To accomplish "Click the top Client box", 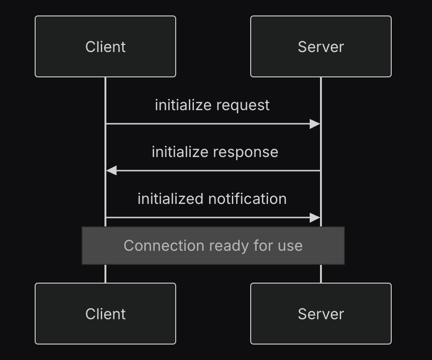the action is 105,46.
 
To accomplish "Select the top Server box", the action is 320,46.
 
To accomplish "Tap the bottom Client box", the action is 105,314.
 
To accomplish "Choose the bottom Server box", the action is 320,314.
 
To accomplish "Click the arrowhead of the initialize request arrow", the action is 315,124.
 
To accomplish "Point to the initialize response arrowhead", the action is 112,171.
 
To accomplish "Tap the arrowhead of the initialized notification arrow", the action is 315,218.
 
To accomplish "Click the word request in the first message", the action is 243,105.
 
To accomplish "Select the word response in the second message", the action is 246,152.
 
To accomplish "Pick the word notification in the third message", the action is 247,199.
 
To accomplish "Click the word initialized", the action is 171,199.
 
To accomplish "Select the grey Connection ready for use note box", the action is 213,246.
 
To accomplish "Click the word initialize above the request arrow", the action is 183,105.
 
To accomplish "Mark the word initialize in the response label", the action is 180,152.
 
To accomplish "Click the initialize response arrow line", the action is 213,171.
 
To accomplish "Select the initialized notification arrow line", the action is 213,218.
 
